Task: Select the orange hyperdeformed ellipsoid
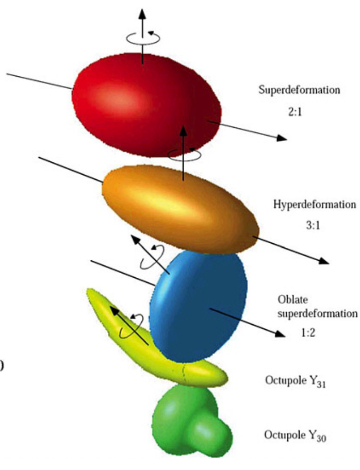(175, 206)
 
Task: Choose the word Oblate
(290, 300)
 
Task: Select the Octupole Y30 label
(295, 434)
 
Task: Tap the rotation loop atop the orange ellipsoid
(184, 154)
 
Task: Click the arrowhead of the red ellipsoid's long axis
(281, 138)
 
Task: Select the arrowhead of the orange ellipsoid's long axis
(322, 260)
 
